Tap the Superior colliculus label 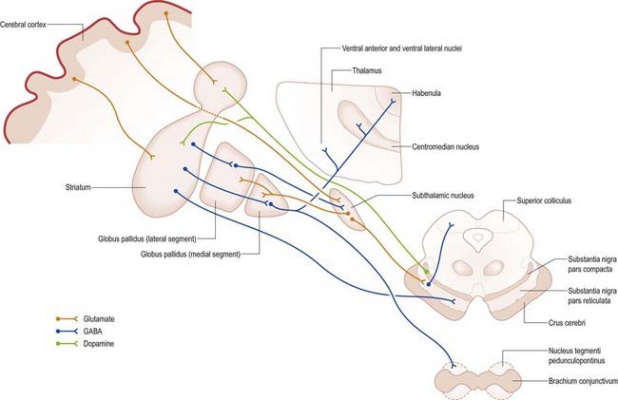pyautogui.click(x=549, y=200)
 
